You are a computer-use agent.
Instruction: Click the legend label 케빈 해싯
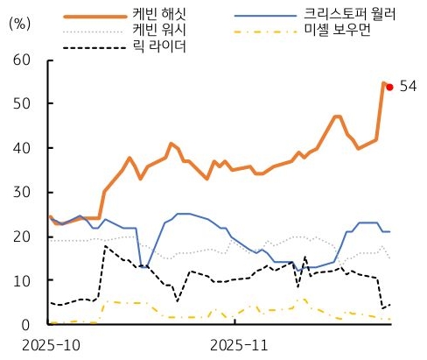pyautogui.click(x=159, y=15)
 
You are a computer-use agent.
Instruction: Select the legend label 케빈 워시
pyautogui.click(x=159, y=31)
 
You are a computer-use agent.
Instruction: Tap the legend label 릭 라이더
pyautogui.click(x=159, y=46)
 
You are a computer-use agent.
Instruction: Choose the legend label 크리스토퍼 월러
pyautogui.click(x=350, y=15)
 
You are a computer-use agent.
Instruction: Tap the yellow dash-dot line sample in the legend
pyautogui.click(x=266, y=32)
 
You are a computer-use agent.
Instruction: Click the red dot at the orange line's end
pyautogui.click(x=389, y=87)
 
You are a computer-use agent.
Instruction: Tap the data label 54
pyautogui.click(x=407, y=86)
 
